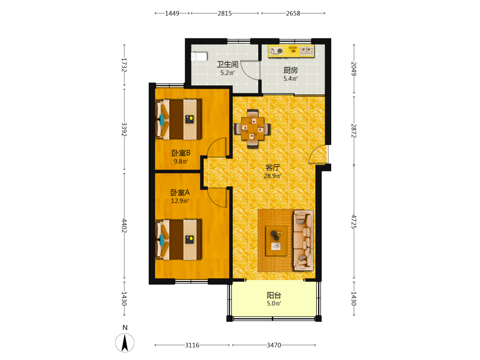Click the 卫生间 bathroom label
228,64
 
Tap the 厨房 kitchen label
290,70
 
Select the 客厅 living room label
273,168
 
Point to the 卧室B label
181,153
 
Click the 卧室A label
180,192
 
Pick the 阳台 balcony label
274,295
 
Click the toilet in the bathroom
199,56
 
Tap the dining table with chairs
252,129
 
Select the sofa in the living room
303,240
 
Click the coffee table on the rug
276,241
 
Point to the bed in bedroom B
179,120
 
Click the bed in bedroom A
179,240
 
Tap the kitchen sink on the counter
307,50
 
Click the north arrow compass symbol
125,343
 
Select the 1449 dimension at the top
172,13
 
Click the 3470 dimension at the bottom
274,345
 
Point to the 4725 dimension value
354,222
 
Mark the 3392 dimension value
124,130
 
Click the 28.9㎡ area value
273,176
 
